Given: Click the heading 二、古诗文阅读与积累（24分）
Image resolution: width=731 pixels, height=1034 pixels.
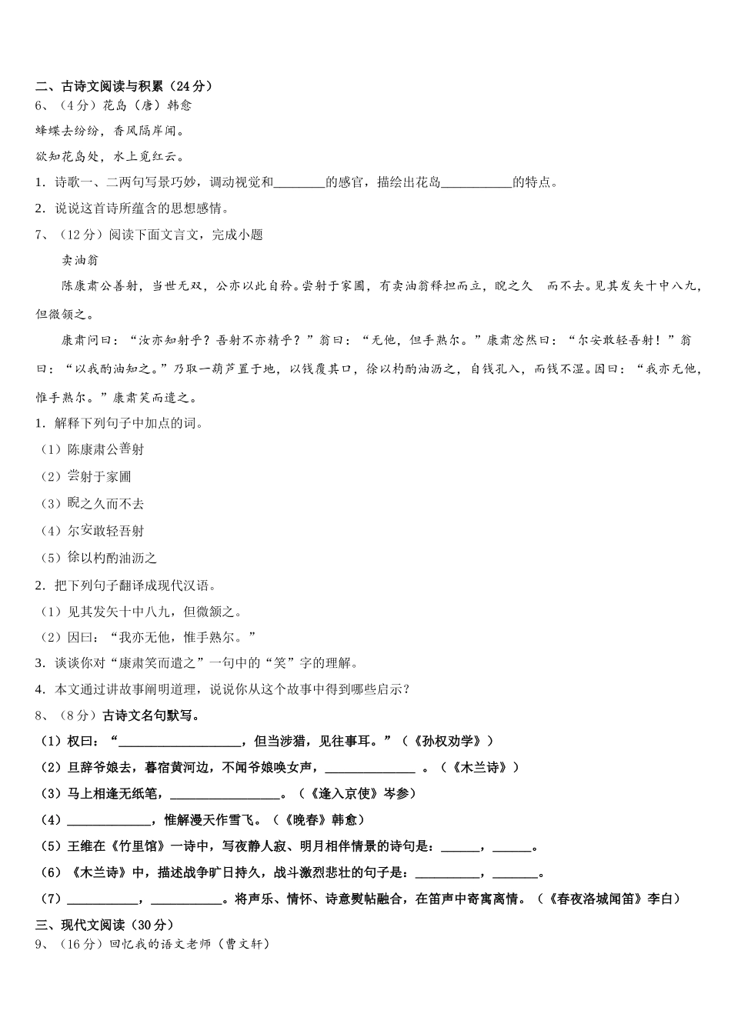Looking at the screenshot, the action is (124, 86).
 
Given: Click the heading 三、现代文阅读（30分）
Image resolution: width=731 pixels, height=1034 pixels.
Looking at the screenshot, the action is (105, 925).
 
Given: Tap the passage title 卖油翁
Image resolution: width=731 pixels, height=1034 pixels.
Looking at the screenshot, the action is (80, 260).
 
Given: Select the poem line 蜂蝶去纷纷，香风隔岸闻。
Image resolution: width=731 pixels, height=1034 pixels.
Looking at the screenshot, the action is (110, 131).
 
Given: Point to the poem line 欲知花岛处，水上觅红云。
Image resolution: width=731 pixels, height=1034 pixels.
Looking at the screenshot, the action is (110, 157).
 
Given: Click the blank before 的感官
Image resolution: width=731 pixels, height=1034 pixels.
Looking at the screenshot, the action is (299, 183).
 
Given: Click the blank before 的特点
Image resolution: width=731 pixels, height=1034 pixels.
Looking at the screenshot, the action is (477, 183).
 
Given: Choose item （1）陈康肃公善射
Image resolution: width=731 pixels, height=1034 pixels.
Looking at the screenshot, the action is (92, 449).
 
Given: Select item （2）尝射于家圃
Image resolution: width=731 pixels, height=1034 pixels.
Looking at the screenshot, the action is (86, 477).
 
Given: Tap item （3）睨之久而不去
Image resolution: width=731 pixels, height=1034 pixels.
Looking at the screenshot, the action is (92, 504).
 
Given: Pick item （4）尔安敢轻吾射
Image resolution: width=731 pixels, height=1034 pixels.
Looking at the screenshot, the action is (92, 531).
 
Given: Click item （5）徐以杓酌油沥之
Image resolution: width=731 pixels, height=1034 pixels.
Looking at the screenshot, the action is (98, 558).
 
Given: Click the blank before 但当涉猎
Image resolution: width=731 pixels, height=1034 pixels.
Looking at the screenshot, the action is (179, 742).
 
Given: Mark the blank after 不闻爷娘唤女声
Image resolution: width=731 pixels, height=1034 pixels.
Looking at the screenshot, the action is (370, 768).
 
